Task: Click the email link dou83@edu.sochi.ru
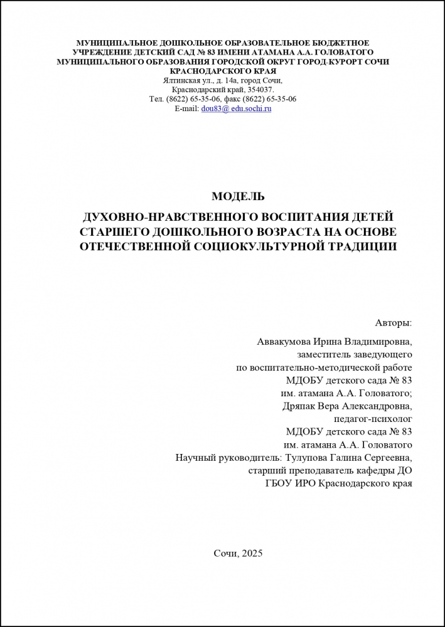236,108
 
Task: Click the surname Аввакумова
286,342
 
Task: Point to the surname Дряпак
303,406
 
